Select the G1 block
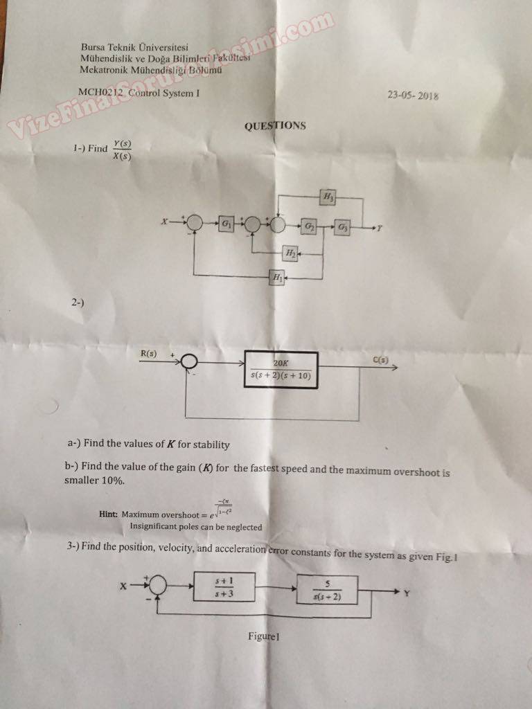pyautogui.click(x=227, y=223)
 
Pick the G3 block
pyautogui.click(x=343, y=227)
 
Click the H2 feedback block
pyautogui.click(x=291, y=254)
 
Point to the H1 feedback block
pyautogui.click(x=278, y=278)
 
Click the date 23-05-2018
pyautogui.click(x=414, y=96)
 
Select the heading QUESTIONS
pyautogui.click(x=275, y=125)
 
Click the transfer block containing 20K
pyautogui.click(x=281, y=370)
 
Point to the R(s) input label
pyautogui.click(x=149, y=354)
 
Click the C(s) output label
pyautogui.click(x=380, y=359)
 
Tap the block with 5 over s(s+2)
pyautogui.click(x=326, y=590)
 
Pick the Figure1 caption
pyautogui.click(x=263, y=636)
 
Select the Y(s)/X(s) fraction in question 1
pyautogui.click(x=122, y=150)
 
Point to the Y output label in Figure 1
pyautogui.click(x=407, y=593)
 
